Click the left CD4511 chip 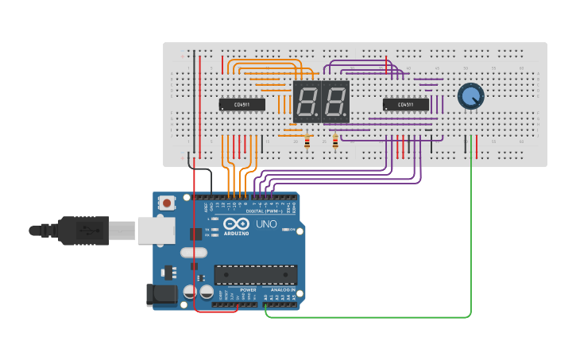(242, 104)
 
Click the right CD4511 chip (405, 104)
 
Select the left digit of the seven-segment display (307, 101)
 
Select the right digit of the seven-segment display (335, 101)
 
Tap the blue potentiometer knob (470, 96)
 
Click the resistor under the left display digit (307, 141)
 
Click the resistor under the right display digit (335, 141)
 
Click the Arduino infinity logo (237, 224)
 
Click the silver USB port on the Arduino (156, 230)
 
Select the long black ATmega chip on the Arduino (255, 275)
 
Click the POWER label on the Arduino (248, 290)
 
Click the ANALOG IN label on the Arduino (282, 290)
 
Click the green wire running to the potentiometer (471, 238)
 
